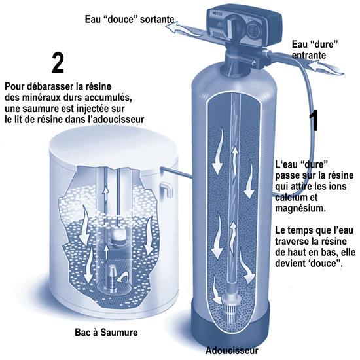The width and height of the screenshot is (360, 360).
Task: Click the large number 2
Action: [x=58, y=63]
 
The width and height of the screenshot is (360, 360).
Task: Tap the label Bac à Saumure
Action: [x=106, y=333]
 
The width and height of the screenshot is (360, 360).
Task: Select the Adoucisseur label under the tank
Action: [x=232, y=351]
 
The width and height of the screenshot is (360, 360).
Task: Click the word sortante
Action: [x=157, y=19]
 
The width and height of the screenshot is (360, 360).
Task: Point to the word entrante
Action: [x=309, y=56]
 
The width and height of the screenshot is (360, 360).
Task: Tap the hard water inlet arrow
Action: [x=325, y=67]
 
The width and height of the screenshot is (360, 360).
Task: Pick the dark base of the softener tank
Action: [x=232, y=326]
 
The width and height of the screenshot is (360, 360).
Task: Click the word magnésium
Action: [x=300, y=208]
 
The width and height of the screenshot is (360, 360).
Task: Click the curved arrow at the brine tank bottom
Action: [x=123, y=277]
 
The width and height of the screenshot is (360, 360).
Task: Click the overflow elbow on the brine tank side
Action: [x=166, y=189]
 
